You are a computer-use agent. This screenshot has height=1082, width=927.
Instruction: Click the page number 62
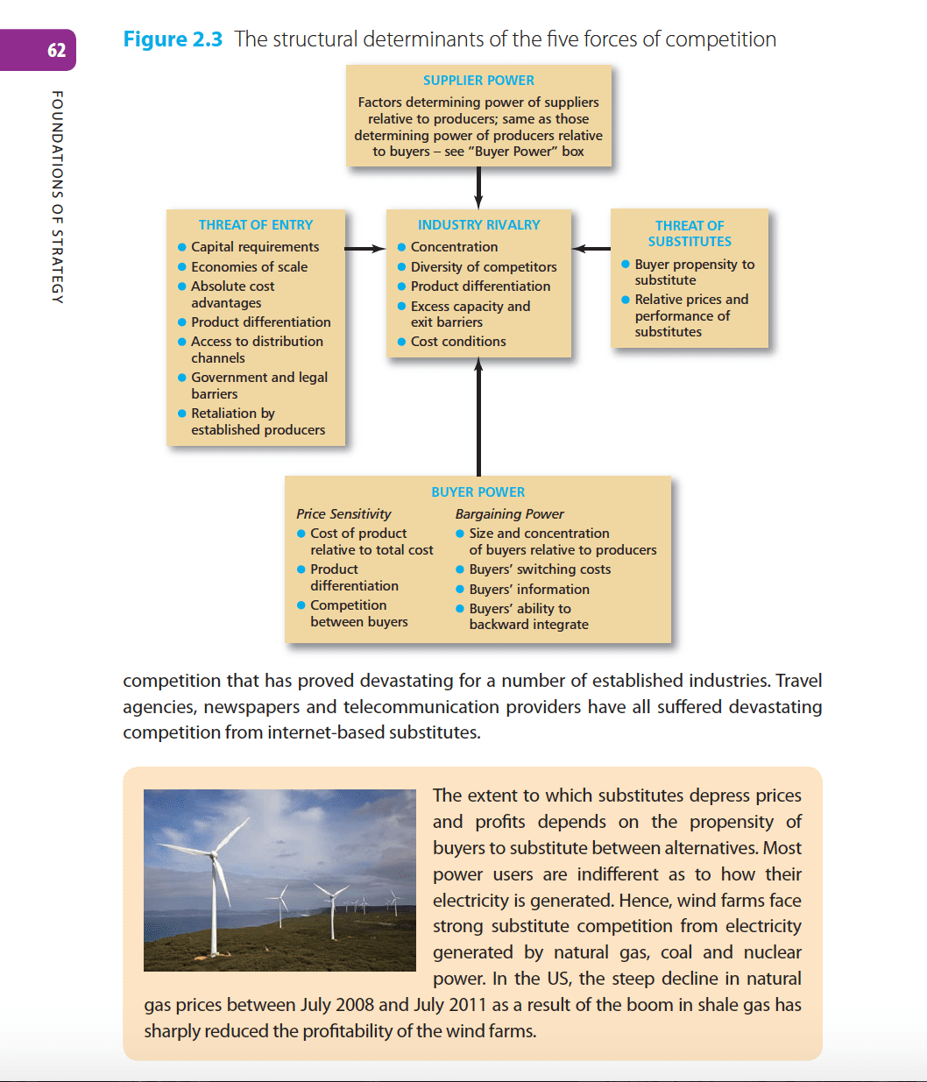(57, 50)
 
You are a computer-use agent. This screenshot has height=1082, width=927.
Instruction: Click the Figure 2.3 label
(173, 39)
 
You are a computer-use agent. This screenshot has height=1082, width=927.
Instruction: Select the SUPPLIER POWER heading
(478, 81)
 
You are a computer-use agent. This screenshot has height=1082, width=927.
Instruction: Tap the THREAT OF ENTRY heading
(255, 225)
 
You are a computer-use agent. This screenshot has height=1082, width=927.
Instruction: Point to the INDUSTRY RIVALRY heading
(478, 225)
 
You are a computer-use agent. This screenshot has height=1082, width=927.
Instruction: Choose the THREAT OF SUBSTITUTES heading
(690, 233)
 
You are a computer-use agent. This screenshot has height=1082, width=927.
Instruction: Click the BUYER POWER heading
(478, 492)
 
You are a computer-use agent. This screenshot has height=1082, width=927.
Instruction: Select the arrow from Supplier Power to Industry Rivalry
(478, 187)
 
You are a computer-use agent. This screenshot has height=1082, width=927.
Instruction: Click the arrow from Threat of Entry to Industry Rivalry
(364, 249)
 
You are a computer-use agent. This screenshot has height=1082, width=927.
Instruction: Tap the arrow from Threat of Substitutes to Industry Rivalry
(592, 249)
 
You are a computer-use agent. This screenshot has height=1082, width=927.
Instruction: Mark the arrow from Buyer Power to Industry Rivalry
(478, 416)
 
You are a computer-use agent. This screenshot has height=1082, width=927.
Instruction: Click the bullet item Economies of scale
(249, 267)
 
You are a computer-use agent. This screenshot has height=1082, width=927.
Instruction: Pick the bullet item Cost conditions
(458, 342)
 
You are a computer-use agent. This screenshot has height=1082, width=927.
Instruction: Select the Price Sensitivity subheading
(343, 514)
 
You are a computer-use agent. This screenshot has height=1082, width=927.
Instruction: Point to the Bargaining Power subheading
(509, 514)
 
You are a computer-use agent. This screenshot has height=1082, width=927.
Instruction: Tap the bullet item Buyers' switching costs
(540, 569)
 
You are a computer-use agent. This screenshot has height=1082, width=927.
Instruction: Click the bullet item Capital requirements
(255, 247)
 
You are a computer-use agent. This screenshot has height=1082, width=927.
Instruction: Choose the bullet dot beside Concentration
(401, 248)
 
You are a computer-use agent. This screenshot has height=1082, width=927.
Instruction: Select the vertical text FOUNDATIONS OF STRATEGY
(57, 197)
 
